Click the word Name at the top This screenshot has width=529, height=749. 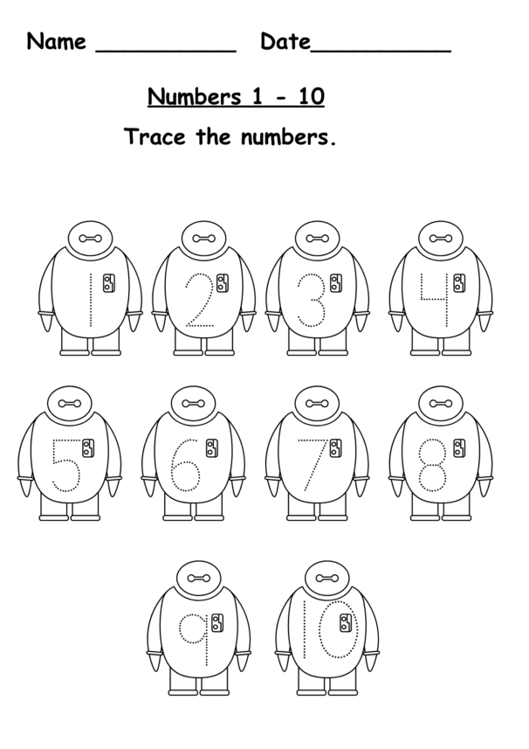point(57,41)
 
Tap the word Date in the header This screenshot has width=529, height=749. point(285,41)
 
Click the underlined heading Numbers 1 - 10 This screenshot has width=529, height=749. point(236,95)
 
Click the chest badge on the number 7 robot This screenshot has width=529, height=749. point(335,448)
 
